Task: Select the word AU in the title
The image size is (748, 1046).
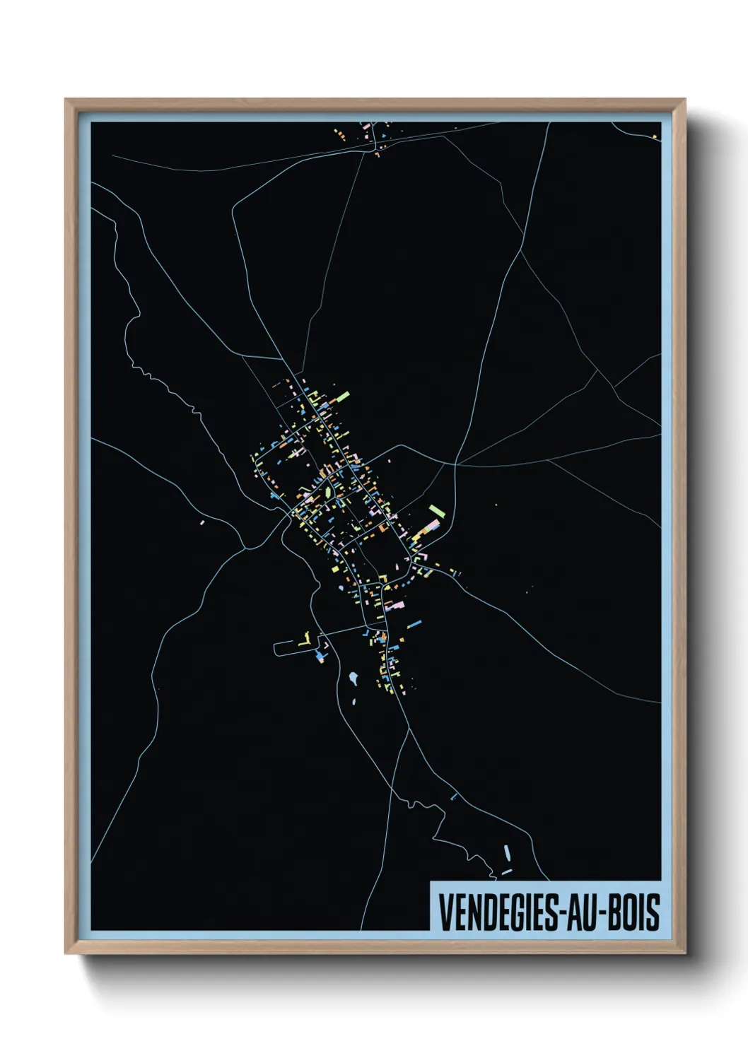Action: point(578,912)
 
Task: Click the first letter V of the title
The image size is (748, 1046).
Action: point(445,912)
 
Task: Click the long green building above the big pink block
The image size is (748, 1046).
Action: point(436,510)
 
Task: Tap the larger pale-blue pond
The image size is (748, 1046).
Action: point(352,679)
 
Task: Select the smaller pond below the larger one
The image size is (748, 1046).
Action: point(354,703)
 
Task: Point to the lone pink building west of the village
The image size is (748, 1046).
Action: point(202,522)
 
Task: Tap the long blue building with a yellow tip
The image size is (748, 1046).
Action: point(414,623)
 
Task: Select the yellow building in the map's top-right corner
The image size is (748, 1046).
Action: point(655,136)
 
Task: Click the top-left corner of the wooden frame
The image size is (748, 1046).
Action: point(66,100)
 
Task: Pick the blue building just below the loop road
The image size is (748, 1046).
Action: point(322,657)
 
